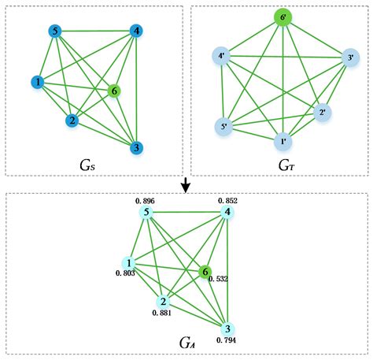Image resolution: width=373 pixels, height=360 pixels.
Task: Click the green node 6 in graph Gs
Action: coord(116,91)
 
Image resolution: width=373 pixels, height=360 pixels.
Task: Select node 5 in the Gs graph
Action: coord(55,32)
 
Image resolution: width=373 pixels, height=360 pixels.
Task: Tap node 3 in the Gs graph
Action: coord(136,147)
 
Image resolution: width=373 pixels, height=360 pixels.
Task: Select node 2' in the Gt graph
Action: coord(321,113)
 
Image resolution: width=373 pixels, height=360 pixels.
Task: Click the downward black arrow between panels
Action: coord(186,184)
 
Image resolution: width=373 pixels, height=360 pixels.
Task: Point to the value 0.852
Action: coord(226,201)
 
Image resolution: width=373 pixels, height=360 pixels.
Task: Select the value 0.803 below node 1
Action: coord(124,273)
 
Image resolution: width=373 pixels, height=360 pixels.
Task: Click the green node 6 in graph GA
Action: coord(206,271)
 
